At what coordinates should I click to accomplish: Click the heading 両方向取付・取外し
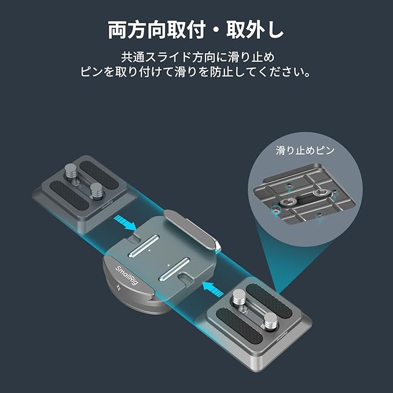(x=196, y=31)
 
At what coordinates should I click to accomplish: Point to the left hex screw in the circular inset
(x=288, y=201)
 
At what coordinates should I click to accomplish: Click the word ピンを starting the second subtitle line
(x=96, y=74)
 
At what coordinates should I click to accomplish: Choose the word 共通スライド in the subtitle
(x=153, y=58)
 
